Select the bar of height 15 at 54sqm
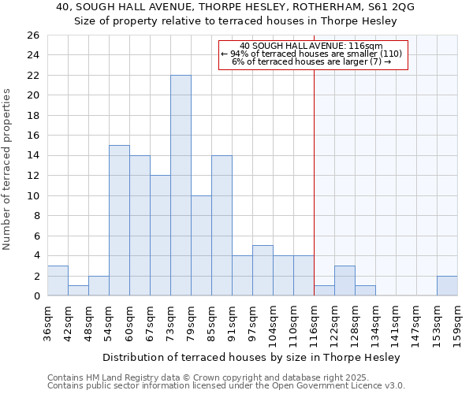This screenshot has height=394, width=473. coord(119,220)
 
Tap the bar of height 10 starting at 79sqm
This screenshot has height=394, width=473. coord(201,245)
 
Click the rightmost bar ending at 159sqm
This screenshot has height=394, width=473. coord(447,286)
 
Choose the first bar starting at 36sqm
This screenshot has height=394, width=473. coord(58,281)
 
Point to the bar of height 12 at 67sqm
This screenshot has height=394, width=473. coord(160,235)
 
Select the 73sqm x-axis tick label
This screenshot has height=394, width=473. coord(170,322)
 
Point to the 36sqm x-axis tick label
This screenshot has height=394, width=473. coord(47,322)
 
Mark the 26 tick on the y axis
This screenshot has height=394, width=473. coord(32,35)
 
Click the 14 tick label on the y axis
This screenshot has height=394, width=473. coord(32,156)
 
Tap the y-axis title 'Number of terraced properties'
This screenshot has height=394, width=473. coord(8,169)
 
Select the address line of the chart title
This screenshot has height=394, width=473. coord(235,7)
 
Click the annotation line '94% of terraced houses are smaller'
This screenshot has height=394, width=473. coord(312,54)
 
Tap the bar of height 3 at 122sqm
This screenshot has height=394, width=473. coord(345,281)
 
